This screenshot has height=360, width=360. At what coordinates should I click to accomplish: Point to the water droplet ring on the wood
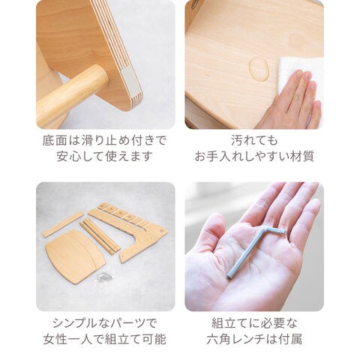[259, 69]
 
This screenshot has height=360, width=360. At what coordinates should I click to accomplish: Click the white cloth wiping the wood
[300, 75]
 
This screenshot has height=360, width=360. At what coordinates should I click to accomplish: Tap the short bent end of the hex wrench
[276, 230]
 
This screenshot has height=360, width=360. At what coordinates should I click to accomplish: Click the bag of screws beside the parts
[103, 277]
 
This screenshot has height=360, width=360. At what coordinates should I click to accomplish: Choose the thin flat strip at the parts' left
[63, 224]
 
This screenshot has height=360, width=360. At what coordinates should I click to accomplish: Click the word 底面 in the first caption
[55, 141]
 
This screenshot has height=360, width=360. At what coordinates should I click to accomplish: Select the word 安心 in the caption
[69, 157]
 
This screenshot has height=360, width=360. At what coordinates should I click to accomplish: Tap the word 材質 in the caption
[302, 157]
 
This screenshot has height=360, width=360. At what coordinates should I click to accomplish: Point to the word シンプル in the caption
[78, 323]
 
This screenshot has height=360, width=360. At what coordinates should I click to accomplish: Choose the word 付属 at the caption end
[290, 340]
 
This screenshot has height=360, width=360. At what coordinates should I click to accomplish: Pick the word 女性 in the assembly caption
[55, 340]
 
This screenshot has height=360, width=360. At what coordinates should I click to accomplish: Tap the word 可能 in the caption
[154, 340]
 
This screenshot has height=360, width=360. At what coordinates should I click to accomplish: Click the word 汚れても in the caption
[254, 141]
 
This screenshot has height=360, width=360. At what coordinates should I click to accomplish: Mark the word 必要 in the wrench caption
[267, 323]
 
